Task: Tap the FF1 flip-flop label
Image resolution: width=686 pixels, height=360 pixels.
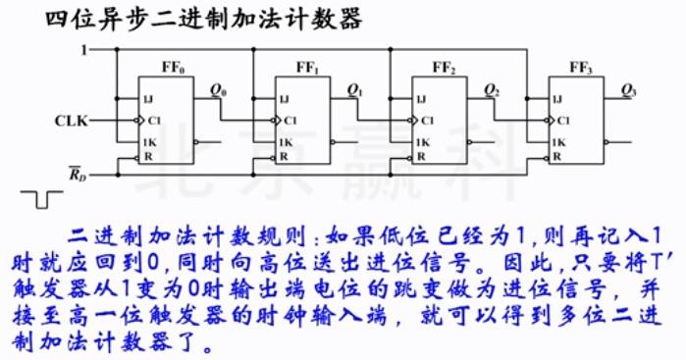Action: pyautogui.click(x=308, y=68)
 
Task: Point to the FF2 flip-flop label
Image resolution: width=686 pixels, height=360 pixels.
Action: pyautogui.click(x=445, y=68)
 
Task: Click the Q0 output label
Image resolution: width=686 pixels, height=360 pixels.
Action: pyautogui.click(x=219, y=91)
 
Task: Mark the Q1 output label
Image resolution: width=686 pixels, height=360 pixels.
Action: pyautogui.click(x=355, y=91)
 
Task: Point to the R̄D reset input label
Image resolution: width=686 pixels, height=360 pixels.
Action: pyautogui.click(x=76, y=176)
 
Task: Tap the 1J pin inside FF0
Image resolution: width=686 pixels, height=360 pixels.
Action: pyautogui.click(x=148, y=99)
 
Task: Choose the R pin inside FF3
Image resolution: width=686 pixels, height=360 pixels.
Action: pyautogui.click(x=556, y=156)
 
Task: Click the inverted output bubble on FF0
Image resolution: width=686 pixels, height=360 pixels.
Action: pyautogui.click(x=199, y=143)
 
